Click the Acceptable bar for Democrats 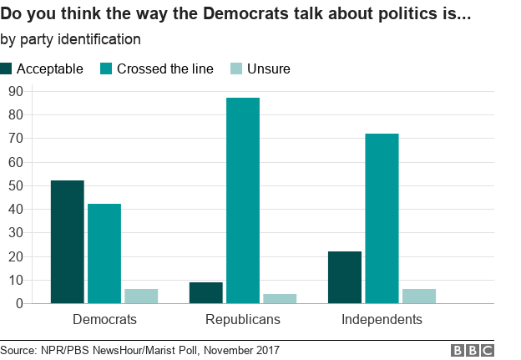(x=67, y=242)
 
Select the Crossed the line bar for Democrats (x=104, y=254)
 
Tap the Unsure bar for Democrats (x=141, y=296)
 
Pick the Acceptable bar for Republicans (x=206, y=292)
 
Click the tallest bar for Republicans (x=243, y=200)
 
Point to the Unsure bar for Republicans (x=280, y=298)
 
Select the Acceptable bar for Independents (x=345, y=277)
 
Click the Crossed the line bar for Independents (x=382, y=218)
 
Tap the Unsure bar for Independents (x=418, y=296)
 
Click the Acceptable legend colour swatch (x=7, y=68)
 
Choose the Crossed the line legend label (x=165, y=68)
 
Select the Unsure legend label (x=268, y=68)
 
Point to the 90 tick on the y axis (x=14, y=91)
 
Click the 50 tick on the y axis (x=14, y=185)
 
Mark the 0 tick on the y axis (x=18, y=304)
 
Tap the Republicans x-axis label (x=243, y=320)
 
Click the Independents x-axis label (x=382, y=320)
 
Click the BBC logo (x=473, y=350)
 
